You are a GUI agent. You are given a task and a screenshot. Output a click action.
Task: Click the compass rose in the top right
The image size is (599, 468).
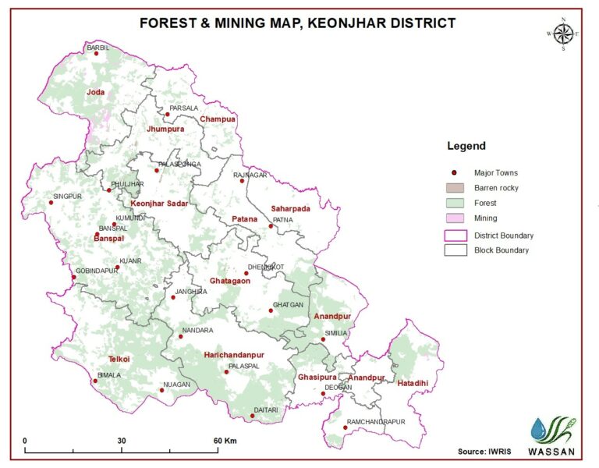(563, 34)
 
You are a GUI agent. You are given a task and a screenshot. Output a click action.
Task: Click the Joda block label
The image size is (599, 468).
(95, 92)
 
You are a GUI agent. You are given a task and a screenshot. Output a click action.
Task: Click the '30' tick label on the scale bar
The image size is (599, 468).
(122, 441)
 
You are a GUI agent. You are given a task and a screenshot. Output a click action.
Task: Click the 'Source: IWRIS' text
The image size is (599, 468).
(484, 452)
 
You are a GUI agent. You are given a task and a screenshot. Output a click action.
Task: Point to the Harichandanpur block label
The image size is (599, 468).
(234, 355)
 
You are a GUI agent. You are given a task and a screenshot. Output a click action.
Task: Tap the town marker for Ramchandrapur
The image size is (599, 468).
(346, 427)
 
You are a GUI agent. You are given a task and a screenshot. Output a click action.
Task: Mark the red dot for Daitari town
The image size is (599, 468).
(253, 417)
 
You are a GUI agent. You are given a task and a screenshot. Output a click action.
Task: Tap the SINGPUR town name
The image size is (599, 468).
(68, 196)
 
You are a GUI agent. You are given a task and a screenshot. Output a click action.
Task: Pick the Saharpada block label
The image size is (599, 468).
(290, 209)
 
